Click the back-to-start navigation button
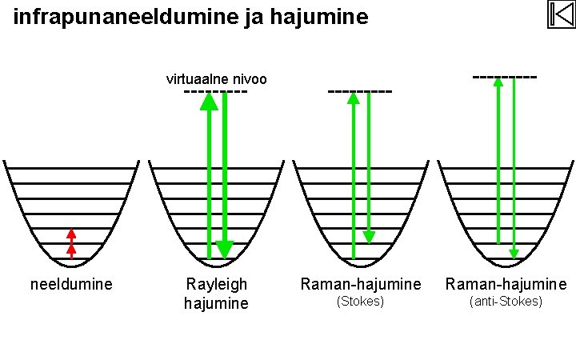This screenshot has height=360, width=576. click(x=562, y=14)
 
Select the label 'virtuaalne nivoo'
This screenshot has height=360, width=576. click(x=216, y=79)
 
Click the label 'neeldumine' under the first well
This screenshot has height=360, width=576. click(x=71, y=284)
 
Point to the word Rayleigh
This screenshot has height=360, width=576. click(x=216, y=284)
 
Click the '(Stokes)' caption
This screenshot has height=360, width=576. click(x=360, y=302)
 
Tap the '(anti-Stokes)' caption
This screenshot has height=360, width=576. click(x=506, y=302)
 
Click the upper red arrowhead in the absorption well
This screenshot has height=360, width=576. click(x=71, y=234)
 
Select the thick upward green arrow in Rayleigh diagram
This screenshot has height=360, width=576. click(x=209, y=176)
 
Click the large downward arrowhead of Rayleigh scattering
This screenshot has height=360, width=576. click(x=225, y=250)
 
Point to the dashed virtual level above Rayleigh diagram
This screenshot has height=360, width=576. click(x=215, y=91)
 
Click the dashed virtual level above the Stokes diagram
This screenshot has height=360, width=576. click(x=360, y=91)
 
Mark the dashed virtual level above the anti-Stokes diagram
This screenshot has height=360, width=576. click(x=505, y=78)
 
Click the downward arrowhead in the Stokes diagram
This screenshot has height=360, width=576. click(x=369, y=237)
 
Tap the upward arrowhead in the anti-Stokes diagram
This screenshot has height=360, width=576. click(x=498, y=82)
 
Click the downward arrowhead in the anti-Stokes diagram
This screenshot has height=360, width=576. click(x=514, y=254)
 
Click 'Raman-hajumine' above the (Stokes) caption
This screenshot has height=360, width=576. click(x=360, y=284)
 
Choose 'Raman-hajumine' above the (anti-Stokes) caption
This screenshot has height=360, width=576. click(x=506, y=284)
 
